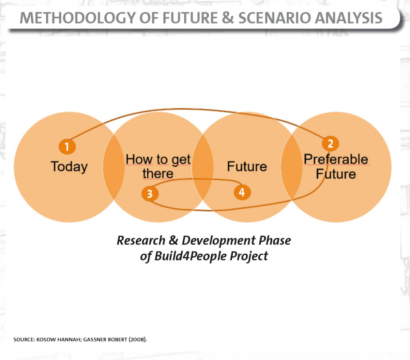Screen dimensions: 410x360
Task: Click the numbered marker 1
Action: (x=67, y=146)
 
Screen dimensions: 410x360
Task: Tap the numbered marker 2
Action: (x=330, y=144)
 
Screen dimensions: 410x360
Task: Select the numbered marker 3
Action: (x=150, y=194)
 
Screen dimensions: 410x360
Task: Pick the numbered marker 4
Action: (x=242, y=192)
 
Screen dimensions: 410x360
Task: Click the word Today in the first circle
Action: (x=69, y=167)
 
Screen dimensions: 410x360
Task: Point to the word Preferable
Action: (x=336, y=159)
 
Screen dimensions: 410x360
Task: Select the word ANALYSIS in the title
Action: (x=349, y=18)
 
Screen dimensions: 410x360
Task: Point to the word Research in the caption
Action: (x=141, y=240)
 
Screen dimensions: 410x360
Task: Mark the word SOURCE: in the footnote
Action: (x=24, y=340)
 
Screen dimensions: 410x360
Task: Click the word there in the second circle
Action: (x=158, y=174)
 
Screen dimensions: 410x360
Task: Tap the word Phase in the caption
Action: (x=275, y=240)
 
